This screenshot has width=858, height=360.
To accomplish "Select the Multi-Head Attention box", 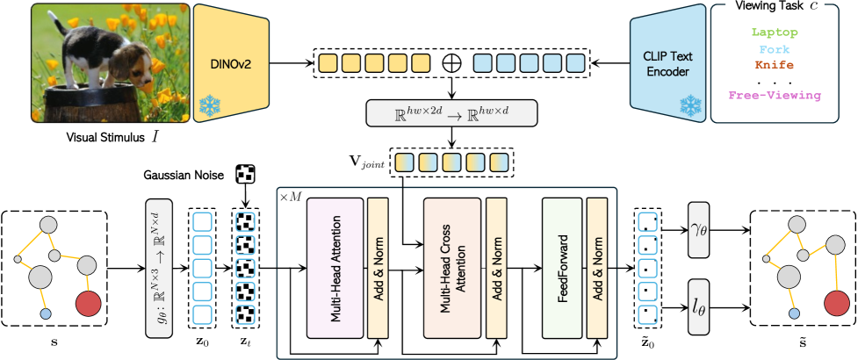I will [x=335, y=266].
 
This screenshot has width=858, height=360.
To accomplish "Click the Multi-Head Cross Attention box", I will [x=452, y=266].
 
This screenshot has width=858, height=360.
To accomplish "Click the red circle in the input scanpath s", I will [x=88, y=304].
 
